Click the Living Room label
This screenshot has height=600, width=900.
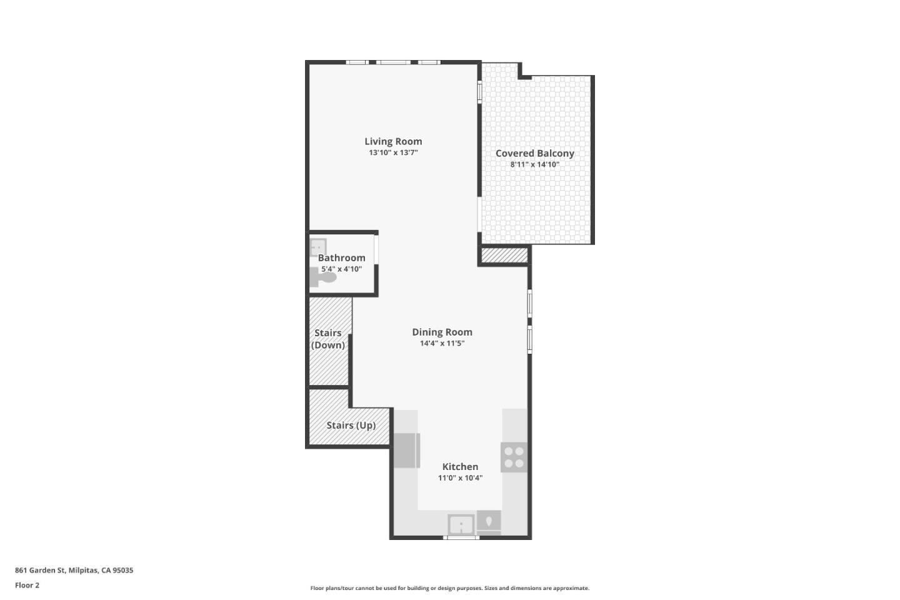393,141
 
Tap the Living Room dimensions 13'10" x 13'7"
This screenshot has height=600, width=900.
393,152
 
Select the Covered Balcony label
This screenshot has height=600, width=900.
534,153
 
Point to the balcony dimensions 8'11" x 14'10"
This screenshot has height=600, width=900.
534,165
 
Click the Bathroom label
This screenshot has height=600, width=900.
341,257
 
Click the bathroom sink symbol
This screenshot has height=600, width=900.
318,247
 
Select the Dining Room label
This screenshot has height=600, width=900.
442,332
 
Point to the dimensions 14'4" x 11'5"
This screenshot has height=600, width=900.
442,343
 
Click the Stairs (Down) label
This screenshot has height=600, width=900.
328,339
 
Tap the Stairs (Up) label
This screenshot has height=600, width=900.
351,425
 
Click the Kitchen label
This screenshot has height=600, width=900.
460,466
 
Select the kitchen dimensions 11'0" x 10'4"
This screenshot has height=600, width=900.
460,478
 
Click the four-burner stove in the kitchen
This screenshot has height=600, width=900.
514,457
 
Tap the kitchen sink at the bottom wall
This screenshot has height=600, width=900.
461,524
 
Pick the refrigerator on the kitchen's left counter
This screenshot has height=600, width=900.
406,450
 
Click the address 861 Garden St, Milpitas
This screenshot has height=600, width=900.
74,570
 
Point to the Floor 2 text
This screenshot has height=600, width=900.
27,585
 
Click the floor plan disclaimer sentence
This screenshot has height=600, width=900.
449,588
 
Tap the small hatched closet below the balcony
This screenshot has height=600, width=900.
504,256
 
